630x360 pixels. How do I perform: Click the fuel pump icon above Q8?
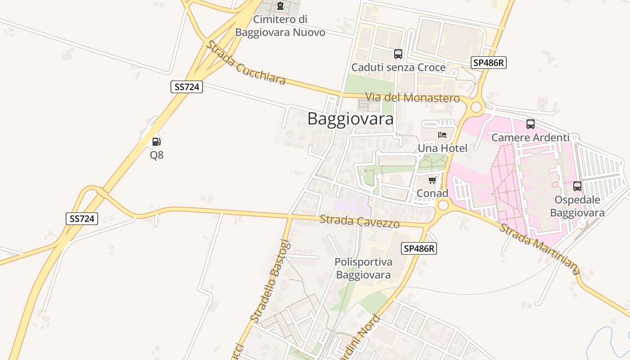[156, 142]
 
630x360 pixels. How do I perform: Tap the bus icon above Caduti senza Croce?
[398, 54]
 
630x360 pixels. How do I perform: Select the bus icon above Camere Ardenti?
[531, 124]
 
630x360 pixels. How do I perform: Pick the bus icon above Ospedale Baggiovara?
[577, 186]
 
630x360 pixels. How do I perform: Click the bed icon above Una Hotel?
[442, 135]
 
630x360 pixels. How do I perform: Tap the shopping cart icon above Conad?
[432, 180]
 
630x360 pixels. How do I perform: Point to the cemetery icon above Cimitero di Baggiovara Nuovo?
[280, 6]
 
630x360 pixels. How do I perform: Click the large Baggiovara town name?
[351, 119]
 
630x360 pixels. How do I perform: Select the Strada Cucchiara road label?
[246, 63]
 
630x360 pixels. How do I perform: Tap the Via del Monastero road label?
[413, 98]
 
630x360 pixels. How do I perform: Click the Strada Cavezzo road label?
[360, 221]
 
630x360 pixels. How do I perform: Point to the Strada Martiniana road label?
[540, 249]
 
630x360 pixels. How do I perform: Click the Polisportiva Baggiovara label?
[363, 268]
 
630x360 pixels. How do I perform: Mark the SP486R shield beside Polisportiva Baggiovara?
[419, 248]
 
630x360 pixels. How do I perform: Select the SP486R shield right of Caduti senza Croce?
[489, 63]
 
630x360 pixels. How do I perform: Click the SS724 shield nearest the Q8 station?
[187, 87]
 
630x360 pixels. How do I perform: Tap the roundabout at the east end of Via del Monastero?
[476, 108]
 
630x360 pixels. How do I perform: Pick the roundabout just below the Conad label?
[443, 206]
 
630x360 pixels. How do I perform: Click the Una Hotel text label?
[442, 148]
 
